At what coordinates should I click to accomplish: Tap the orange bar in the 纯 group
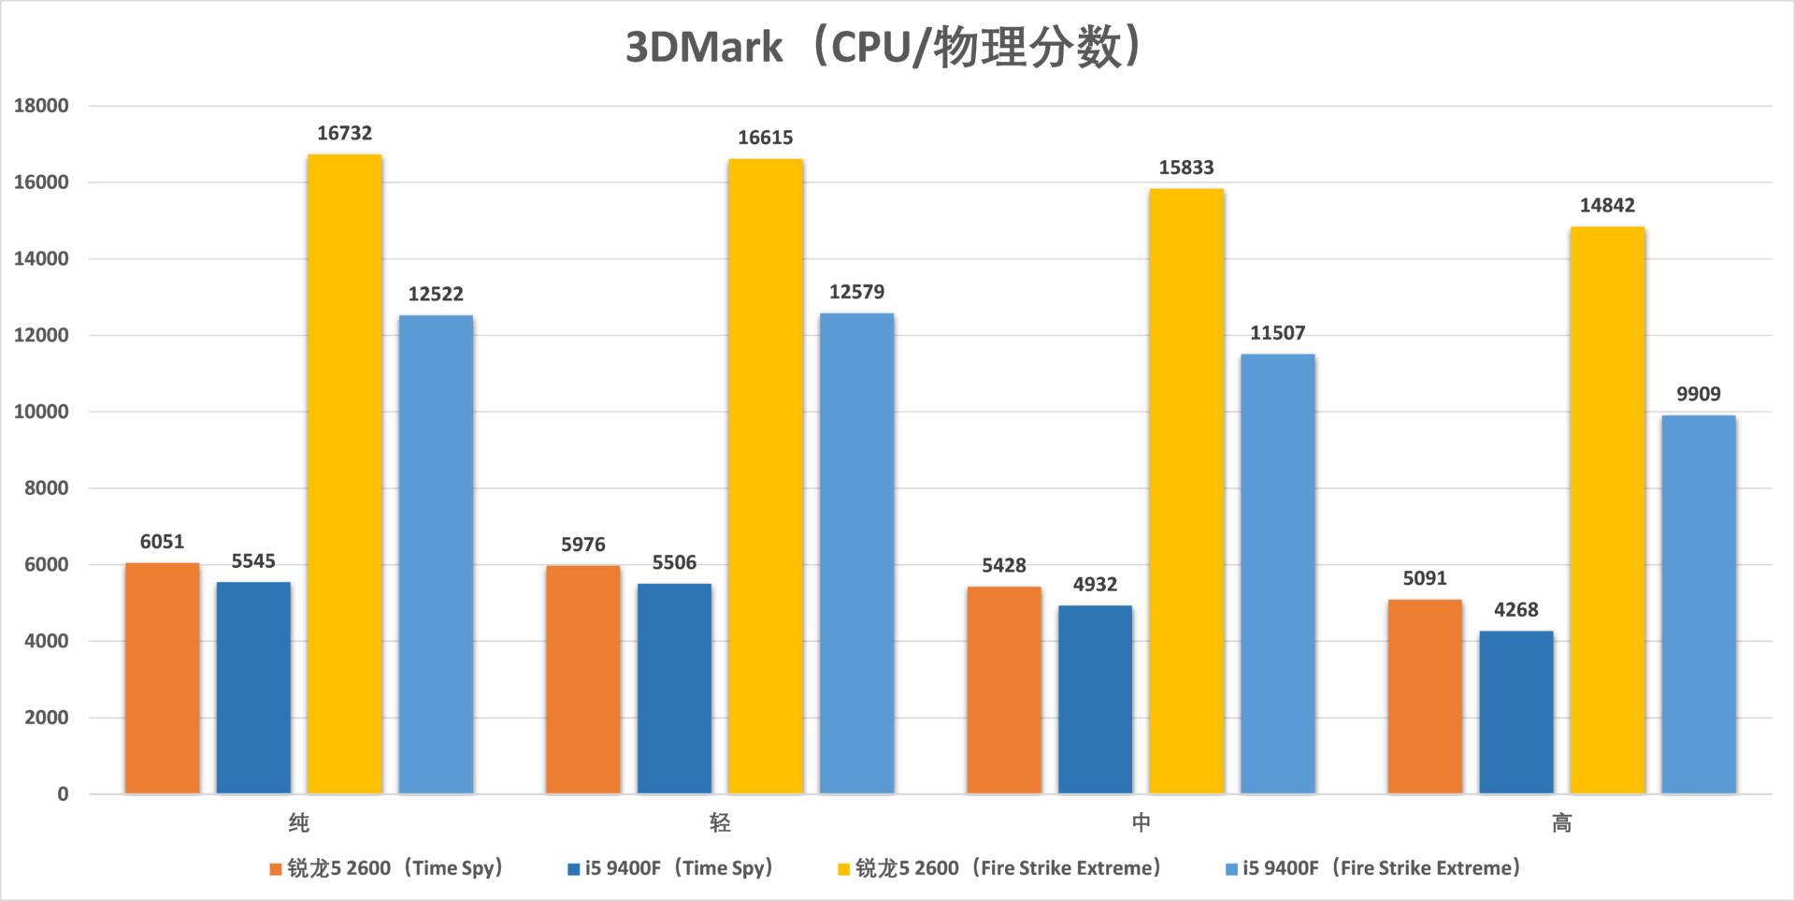point(162,678)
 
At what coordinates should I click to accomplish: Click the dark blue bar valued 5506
point(674,689)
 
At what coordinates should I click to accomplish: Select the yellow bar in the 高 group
point(1607,510)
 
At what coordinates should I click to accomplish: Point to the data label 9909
point(1698,394)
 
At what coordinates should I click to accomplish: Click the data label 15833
point(1185,167)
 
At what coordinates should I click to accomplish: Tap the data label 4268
point(1515,610)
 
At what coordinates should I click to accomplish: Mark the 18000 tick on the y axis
point(41,106)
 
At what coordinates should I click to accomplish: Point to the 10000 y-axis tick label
point(41,412)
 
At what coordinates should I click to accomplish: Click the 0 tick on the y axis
point(63,794)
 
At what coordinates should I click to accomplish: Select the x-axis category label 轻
point(720,823)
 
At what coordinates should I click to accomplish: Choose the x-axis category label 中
point(1141,823)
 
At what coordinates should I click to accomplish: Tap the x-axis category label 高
point(1561,823)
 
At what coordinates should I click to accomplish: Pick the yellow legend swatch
point(843,869)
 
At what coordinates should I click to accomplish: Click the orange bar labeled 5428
point(1003,690)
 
